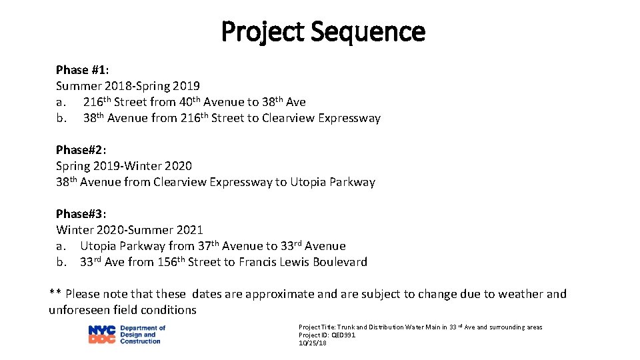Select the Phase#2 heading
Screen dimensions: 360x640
[81, 150]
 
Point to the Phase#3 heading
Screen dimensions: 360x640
[81, 214]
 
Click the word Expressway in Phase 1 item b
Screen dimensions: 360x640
[349, 119]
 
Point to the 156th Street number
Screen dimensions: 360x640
[171, 262]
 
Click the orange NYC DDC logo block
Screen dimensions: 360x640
[101, 335]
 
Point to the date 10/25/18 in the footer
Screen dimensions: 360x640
[312, 343]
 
